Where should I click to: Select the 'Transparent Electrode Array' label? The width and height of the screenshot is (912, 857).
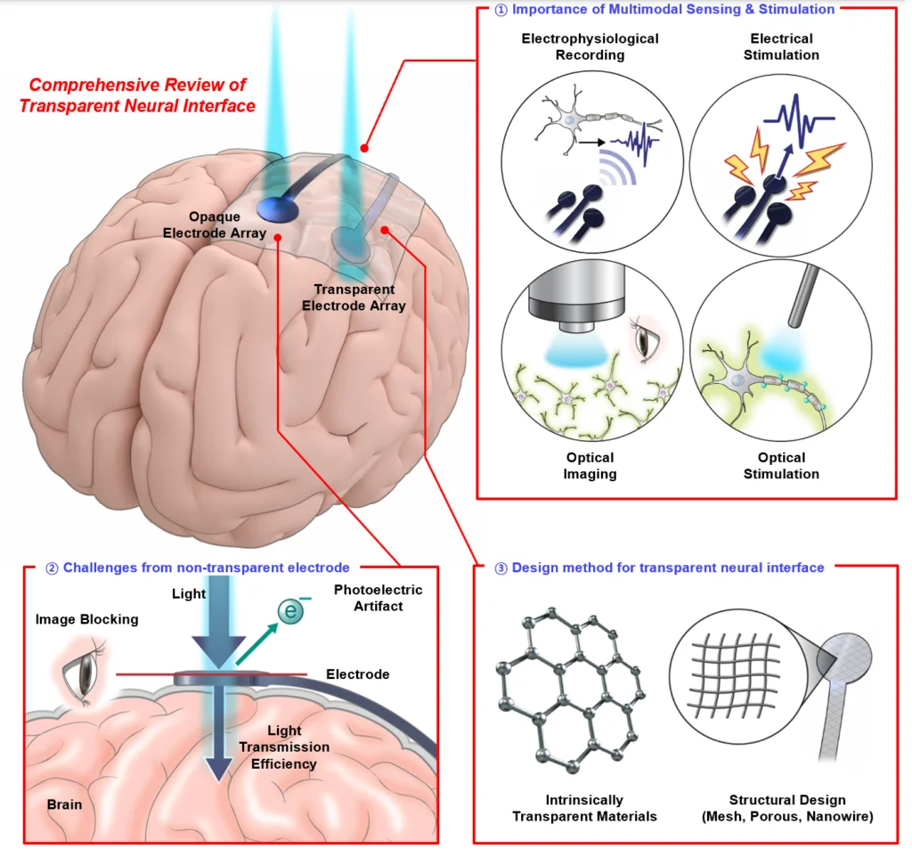pos(354,298)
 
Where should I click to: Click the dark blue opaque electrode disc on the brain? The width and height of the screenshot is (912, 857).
pos(277,208)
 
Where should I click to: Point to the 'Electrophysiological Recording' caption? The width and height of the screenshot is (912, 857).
pos(590,46)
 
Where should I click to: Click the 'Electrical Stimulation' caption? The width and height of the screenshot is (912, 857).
pos(781,46)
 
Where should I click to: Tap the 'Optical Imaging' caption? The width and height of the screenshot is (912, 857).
pos(590,465)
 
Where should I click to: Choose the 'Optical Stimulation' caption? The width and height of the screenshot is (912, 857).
pos(781,465)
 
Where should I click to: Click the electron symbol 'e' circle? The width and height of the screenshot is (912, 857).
pos(289,612)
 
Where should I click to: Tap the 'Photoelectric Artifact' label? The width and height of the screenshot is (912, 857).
pos(379,598)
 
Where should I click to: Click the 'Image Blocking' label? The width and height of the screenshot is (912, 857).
pos(87,619)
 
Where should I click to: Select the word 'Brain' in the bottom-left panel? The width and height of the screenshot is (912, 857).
pos(64,804)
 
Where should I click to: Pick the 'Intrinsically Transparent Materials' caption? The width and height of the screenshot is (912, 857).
pos(584,807)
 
